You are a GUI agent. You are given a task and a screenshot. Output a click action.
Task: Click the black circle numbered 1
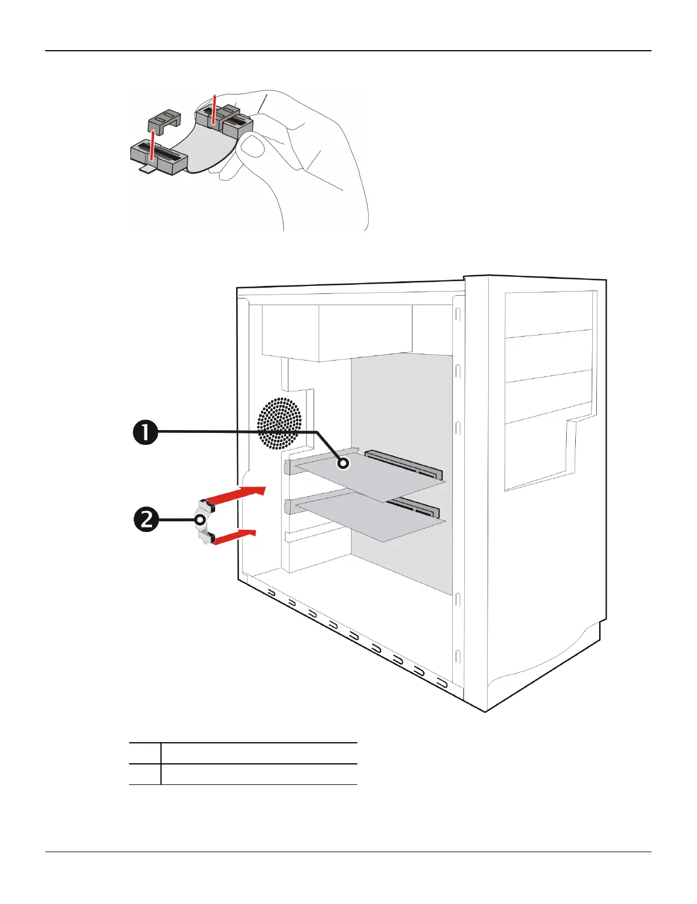pyautogui.click(x=146, y=432)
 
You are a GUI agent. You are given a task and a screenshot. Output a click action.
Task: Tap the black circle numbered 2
pyautogui.click(x=146, y=520)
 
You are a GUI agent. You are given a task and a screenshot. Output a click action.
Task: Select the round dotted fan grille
pyautogui.click(x=279, y=423)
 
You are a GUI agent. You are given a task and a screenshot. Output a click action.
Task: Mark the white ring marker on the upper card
pyautogui.click(x=343, y=464)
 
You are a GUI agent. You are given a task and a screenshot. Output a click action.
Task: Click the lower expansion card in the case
pyautogui.click(x=370, y=516)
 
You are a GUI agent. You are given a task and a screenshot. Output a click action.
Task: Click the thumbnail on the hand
pyautogui.click(x=253, y=146)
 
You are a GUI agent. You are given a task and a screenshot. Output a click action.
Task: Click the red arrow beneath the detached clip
pyautogui.click(x=152, y=149)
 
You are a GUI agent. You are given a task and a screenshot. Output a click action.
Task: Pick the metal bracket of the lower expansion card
pyautogui.click(x=291, y=506)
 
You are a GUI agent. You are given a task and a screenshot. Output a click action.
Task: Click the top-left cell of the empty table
pyautogui.click(x=145, y=753)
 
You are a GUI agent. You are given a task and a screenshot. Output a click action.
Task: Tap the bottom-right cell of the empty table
pyautogui.click(x=259, y=774)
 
